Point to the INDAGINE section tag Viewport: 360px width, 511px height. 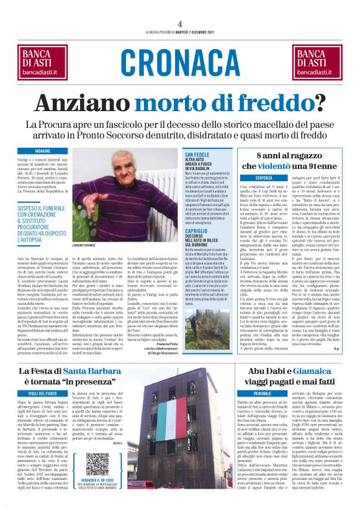[43, 151]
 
